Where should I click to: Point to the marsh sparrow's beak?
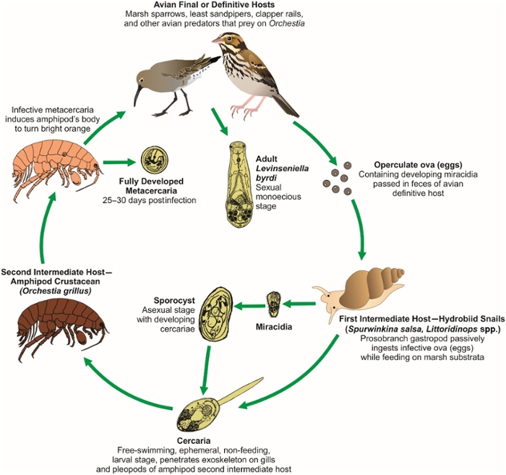(217, 40)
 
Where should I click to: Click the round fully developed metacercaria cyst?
(155, 159)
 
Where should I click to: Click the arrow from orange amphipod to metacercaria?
(121, 162)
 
